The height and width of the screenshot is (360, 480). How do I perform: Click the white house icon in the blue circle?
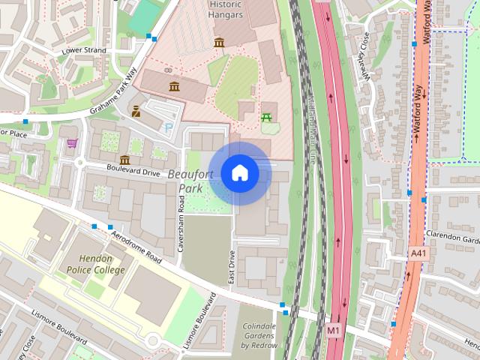tap(239, 173)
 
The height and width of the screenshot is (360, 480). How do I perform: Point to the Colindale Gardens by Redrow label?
tap(259, 336)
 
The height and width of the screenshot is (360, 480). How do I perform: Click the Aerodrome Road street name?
tap(136, 247)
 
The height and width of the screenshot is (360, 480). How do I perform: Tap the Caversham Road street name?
tap(181, 223)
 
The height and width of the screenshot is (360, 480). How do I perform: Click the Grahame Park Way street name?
tap(114, 91)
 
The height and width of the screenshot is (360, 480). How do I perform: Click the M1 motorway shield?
tap(334, 329)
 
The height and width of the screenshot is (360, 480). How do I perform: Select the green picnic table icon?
tap(265, 117)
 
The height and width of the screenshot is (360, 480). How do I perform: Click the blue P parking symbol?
tap(168, 128)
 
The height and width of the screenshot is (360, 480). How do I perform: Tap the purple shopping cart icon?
tap(72, 142)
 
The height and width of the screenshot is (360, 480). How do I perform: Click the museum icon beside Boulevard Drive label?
tap(124, 160)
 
